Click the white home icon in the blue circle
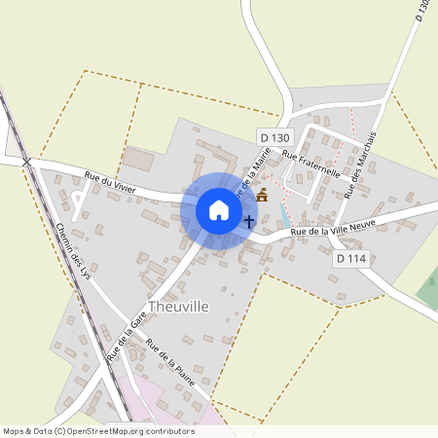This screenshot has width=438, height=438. [x=219, y=210]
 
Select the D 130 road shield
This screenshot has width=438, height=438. [x=275, y=138]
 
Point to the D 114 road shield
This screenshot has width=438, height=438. [x=351, y=259]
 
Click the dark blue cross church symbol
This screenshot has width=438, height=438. [x=249, y=222]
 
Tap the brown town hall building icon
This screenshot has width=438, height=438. [x=261, y=197]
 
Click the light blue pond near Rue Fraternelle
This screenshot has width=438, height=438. [x=284, y=216]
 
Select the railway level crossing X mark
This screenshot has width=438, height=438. [x=27, y=161]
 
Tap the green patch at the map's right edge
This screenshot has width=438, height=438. [x=428, y=290]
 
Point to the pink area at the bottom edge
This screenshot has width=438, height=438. [x=175, y=414]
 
